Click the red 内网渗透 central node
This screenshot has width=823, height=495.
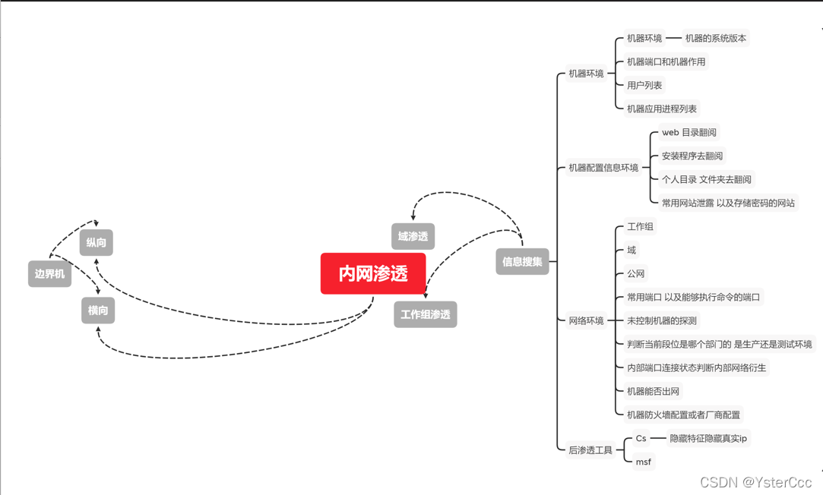pyautogui.click(x=373, y=273)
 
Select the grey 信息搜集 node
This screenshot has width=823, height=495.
pyautogui.click(x=522, y=262)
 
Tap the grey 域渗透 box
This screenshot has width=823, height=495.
pyautogui.click(x=413, y=236)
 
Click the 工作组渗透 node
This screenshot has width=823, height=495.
pyautogui.click(x=425, y=314)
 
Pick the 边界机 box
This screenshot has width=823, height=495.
pyautogui.click(x=49, y=274)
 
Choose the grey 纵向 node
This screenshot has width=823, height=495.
pyautogui.click(x=97, y=243)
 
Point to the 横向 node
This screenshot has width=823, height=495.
pyautogui.click(x=98, y=311)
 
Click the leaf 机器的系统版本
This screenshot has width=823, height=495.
pyautogui.click(x=715, y=38)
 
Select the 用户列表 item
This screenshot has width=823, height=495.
pyautogui.click(x=644, y=85)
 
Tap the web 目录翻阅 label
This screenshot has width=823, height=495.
pyautogui.click(x=688, y=132)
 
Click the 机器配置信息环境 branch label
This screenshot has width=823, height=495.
pyautogui.click(x=603, y=168)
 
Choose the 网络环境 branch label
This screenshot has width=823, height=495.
pyautogui.click(x=586, y=320)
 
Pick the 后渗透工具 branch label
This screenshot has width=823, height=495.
pyautogui.click(x=590, y=450)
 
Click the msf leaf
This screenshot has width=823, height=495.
pyautogui.click(x=644, y=462)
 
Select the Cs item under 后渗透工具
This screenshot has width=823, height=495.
pyautogui.click(x=641, y=438)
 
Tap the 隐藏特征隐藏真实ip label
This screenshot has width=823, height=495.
pyautogui.click(x=708, y=438)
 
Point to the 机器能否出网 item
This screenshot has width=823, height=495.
pyautogui.click(x=653, y=391)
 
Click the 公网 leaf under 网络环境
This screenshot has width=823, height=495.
pyautogui.click(x=635, y=273)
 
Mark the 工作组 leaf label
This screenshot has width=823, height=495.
pyautogui.click(x=640, y=226)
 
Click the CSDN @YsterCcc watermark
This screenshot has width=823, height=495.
pyautogui.click(x=755, y=482)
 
